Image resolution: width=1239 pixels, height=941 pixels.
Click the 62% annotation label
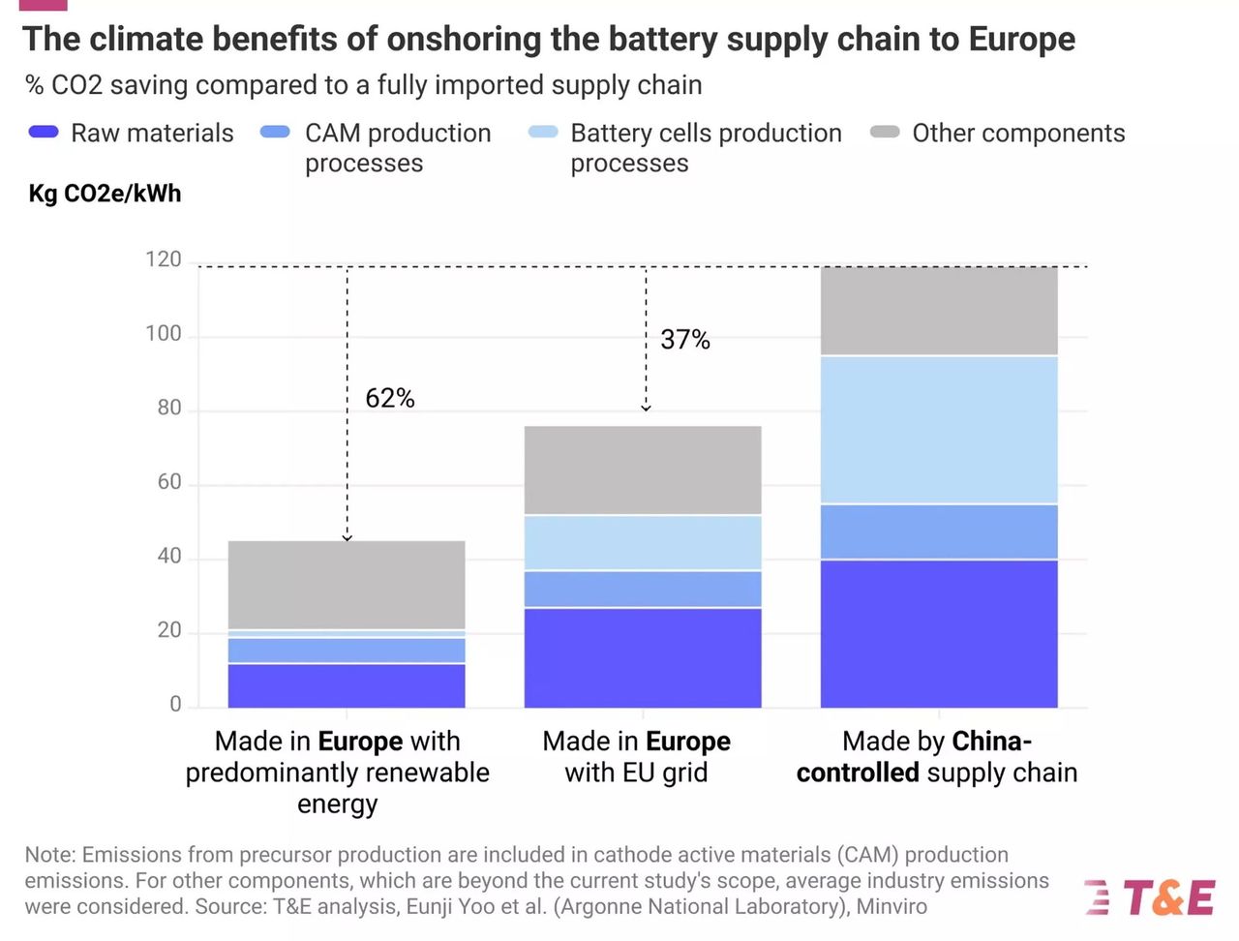pyautogui.click(x=389, y=398)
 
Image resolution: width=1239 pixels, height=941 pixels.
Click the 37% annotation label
pyautogui.click(x=684, y=340)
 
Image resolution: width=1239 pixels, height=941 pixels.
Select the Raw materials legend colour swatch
pyautogui.click(x=45, y=133)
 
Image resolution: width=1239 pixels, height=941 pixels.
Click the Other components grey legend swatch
pyautogui.click(x=885, y=133)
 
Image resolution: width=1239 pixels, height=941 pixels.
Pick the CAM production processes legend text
pyautogui.click(x=398, y=147)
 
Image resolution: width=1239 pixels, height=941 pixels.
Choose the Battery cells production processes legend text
pyautogui.click(x=706, y=147)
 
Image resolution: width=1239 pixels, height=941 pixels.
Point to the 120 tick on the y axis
pyautogui.click(x=163, y=259)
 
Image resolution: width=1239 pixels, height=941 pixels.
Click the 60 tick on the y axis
pyautogui.click(x=168, y=482)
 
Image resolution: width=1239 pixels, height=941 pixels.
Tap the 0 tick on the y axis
pyautogui.click(x=175, y=705)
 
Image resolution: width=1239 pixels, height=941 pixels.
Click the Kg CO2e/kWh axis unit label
pyautogui.click(x=105, y=194)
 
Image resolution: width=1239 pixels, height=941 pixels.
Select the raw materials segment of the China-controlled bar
pyautogui.click(x=938, y=633)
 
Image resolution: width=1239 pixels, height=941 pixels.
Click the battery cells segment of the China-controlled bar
pyautogui.click(x=938, y=430)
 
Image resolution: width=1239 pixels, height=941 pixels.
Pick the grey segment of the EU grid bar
pyautogui.click(x=643, y=470)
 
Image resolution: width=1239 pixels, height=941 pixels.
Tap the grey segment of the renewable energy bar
pyautogui.click(x=347, y=585)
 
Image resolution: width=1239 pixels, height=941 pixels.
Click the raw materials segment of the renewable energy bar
pyautogui.click(x=347, y=685)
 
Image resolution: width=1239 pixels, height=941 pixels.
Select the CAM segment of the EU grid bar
pyautogui.click(x=643, y=589)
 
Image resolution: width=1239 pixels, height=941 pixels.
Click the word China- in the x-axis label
pyautogui.click(x=991, y=742)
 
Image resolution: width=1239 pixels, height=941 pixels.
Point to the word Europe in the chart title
pyautogui.click(x=1021, y=39)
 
